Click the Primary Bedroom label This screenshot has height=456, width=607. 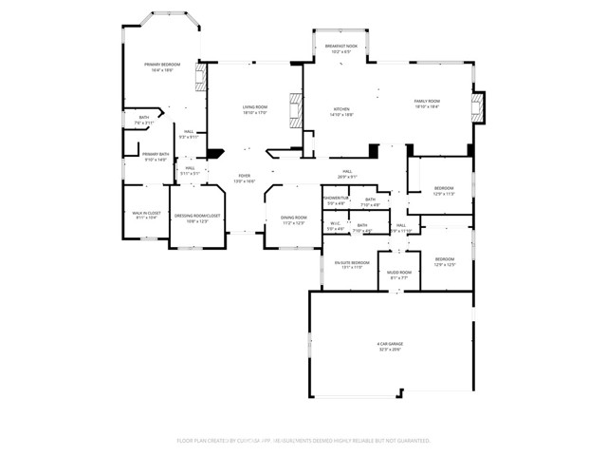click(x=162, y=64)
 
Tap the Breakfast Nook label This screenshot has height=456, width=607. click(x=341, y=47)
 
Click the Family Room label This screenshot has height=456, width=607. click(x=427, y=101)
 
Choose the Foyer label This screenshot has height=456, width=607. click(x=245, y=176)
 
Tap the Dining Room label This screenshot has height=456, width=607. click(x=294, y=218)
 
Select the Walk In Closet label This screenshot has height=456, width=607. click(x=148, y=214)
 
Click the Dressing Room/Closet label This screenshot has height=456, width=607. click(x=197, y=216)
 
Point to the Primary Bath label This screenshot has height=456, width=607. click(x=156, y=154)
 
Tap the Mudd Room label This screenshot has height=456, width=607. click(x=399, y=273)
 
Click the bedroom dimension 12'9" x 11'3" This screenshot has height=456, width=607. click(x=444, y=194)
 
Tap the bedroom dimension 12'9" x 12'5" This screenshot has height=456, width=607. click(x=445, y=264)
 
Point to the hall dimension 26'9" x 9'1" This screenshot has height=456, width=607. click(x=348, y=176)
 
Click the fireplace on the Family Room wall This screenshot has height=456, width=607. click(x=479, y=107)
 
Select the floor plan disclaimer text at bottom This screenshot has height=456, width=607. click(x=303, y=441)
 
